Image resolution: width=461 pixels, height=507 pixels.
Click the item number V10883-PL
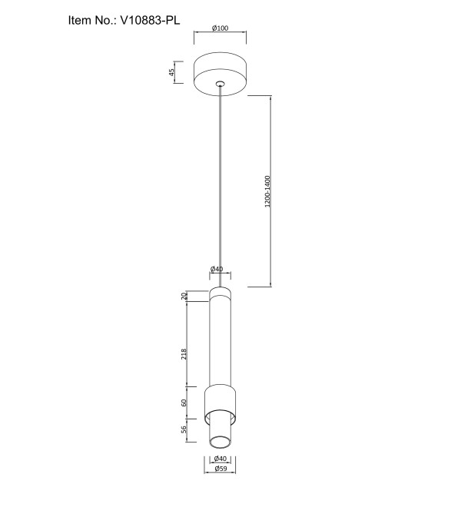[150, 21]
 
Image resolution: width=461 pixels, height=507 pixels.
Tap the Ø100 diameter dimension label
[220, 28]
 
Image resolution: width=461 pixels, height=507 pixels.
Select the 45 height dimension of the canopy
[172, 71]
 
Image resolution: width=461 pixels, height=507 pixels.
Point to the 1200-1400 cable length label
[267, 191]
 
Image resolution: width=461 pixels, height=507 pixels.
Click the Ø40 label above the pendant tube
[217, 269]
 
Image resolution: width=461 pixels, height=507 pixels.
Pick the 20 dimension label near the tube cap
[184, 296]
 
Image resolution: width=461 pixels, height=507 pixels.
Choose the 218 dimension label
[184, 354]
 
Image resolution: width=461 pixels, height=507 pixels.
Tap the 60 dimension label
[184, 403]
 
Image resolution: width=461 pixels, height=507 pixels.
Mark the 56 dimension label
[184, 429]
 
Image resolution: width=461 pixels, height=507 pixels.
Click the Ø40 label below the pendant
[221, 459]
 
